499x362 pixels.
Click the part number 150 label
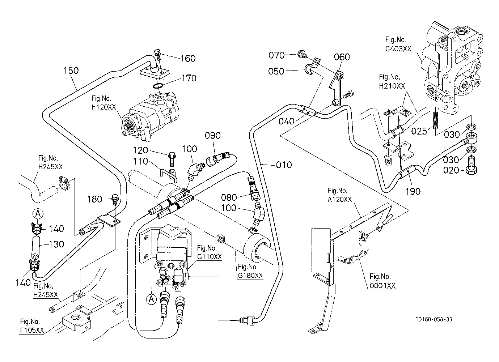(x=71, y=70)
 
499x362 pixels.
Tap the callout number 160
(x=188, y=58)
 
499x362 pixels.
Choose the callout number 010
(x=284, y=165)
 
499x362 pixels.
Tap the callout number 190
(x=413, y=191)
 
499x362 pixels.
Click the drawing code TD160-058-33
(x=434, y=319)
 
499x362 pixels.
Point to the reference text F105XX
(x=32, y=330)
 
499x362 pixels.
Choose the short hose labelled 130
(x=36, y=245)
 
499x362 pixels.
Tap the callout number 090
(x=212, y=136)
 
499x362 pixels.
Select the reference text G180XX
(x=250, y=276)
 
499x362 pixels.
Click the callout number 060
(x=342, y=57)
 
